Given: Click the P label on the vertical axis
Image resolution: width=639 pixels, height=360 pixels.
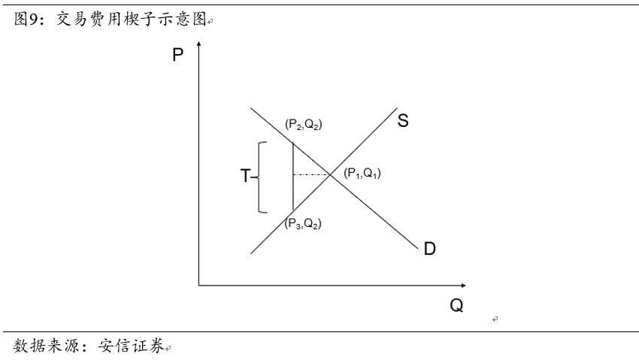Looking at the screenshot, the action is click(178, 54).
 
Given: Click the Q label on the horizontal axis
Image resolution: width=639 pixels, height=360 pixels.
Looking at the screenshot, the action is click(456, 306).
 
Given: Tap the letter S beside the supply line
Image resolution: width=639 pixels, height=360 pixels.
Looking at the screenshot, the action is click(403, 121).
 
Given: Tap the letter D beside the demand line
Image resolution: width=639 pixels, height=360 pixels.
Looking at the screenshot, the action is click(429, 249).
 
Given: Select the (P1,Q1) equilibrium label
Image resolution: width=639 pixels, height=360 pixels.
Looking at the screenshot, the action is click(362, 174).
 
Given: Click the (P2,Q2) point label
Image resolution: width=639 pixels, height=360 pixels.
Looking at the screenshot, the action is click(303, 125).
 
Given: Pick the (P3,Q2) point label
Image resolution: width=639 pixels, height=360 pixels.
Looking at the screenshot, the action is click(303, 222).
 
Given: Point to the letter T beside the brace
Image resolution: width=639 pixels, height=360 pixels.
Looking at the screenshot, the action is click(245, 177).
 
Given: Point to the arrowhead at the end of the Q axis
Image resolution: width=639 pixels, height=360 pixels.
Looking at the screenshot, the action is click(462, 285).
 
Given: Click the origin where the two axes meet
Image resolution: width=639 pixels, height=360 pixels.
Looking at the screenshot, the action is click(198, 285).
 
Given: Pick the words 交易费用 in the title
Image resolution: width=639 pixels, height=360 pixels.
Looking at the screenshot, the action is click(89, 19).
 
